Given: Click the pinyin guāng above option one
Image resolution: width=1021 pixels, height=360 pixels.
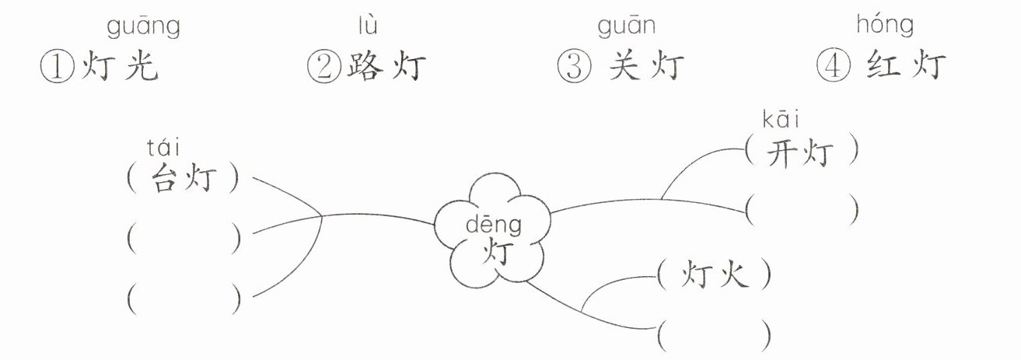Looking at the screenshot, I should point(143,28).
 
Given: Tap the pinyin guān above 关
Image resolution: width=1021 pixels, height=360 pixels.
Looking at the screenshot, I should point(626,28).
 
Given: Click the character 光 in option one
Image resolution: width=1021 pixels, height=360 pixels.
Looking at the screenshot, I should point(142,68).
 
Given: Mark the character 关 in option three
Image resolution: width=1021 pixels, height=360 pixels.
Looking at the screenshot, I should point(623,68).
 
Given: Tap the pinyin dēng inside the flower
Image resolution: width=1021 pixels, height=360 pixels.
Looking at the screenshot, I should point(494,225).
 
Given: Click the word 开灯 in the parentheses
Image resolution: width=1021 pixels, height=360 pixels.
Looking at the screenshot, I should point(801,153).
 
